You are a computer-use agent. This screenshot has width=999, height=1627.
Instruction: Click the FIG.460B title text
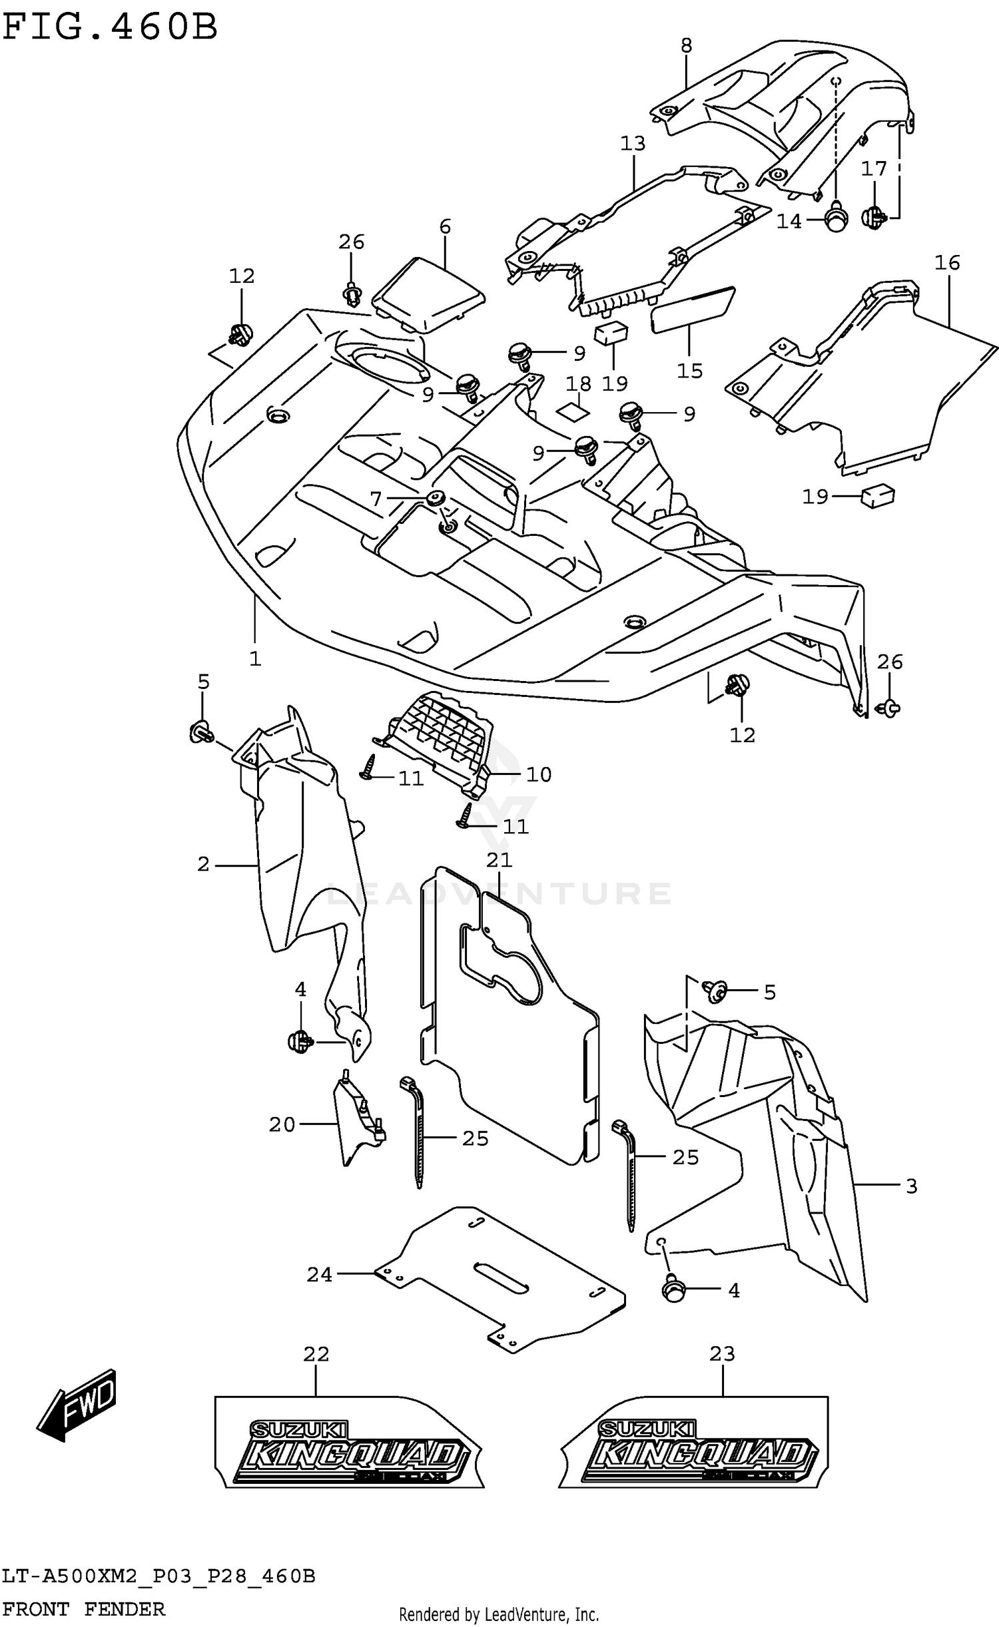(x=111, y=28)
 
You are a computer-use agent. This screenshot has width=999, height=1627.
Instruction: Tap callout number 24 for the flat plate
(x=319, y=1274)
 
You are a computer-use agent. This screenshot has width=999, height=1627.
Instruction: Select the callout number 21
(x=499, y=859)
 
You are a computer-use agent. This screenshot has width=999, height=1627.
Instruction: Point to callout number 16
(x=946, y=263)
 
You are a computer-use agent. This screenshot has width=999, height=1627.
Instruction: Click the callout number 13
(x=633, y=143)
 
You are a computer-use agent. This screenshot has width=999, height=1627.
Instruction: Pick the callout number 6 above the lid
(x=445, y=226)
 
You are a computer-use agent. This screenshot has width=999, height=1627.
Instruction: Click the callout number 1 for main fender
(x=255, y=658)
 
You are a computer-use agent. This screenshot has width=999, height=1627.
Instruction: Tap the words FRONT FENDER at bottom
(x=84, y=1609)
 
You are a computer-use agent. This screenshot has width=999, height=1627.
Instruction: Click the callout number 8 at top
(x=686, y=46)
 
